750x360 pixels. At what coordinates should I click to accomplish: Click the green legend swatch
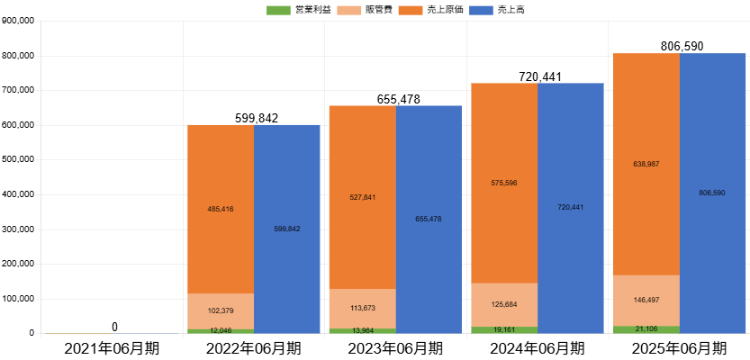pos(278,11)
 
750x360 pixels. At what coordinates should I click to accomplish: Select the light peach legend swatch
pos(349,11)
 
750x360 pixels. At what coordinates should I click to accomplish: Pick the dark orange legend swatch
pos(411,11)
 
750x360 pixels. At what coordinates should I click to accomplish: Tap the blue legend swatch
pos(482,11)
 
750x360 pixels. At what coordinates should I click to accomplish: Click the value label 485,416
pos(221,209)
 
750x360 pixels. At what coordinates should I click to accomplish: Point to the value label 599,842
pos(287,229)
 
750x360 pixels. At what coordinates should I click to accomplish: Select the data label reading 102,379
pos(221,310)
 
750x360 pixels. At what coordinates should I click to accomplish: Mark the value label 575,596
pos(504,183)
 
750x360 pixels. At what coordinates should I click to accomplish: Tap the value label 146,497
pos(646,300)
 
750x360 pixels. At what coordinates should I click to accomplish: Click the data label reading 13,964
pos(362,330)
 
